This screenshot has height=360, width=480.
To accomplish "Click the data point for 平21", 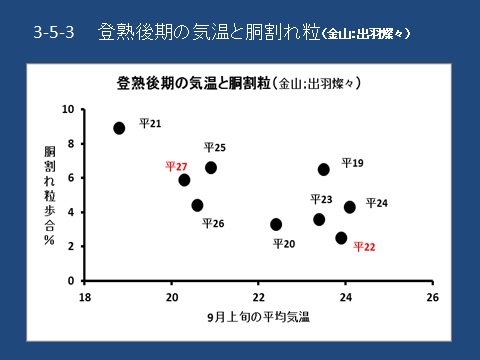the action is [x=119, y=128].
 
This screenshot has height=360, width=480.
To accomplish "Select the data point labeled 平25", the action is [x=211, y=167].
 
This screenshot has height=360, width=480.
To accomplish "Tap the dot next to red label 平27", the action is [x=184, y=180].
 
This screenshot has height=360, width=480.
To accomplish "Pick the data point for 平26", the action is [x=197, y=205].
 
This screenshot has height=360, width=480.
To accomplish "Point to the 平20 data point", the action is [x=276, y=224].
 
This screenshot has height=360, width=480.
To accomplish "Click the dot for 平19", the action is [x=323, y=169].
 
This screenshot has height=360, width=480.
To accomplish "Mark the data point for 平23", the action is [x=319, y=219].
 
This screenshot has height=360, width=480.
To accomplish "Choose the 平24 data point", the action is [x=350, y=207].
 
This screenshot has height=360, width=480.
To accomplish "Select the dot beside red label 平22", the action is [x=341, y=238].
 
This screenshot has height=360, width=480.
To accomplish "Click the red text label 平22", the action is [x=364, y=247].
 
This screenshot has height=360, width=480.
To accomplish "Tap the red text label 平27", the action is [x=176, y=166].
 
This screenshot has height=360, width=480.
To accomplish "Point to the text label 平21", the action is [x=150, y=124].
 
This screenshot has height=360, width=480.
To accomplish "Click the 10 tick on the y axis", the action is [x=68, y=109].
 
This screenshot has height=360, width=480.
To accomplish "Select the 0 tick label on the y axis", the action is [x=71, y=281].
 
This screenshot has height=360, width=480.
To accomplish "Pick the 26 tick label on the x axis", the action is [x=433, y=297].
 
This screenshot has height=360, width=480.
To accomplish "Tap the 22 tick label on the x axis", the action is [x=258, y=297].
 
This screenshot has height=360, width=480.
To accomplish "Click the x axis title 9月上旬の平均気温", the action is [x=258, y=317].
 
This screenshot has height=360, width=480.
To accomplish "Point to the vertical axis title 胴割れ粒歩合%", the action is [x=50, y=196].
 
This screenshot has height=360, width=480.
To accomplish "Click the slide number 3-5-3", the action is [x=54, y=32].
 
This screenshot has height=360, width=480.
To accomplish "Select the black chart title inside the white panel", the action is [x=239, y=83].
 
